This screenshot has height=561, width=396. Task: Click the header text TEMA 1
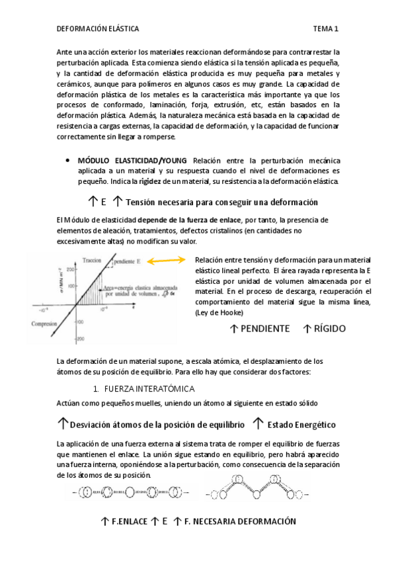point(326,29)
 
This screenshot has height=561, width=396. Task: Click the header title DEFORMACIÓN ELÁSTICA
point(97,29)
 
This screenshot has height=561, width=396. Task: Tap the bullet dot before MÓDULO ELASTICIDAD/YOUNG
point(69,161)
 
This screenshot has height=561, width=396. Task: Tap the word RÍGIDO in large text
point(329,328)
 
